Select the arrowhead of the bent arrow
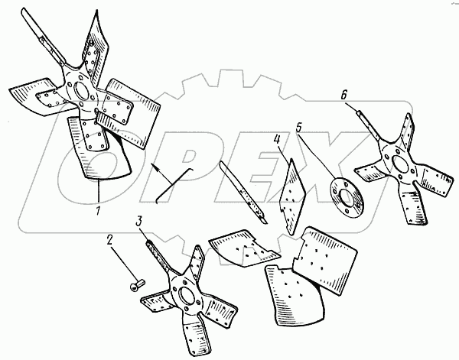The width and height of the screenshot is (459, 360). tap(155, 164)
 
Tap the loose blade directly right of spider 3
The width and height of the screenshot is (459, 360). tap(239, 249)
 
